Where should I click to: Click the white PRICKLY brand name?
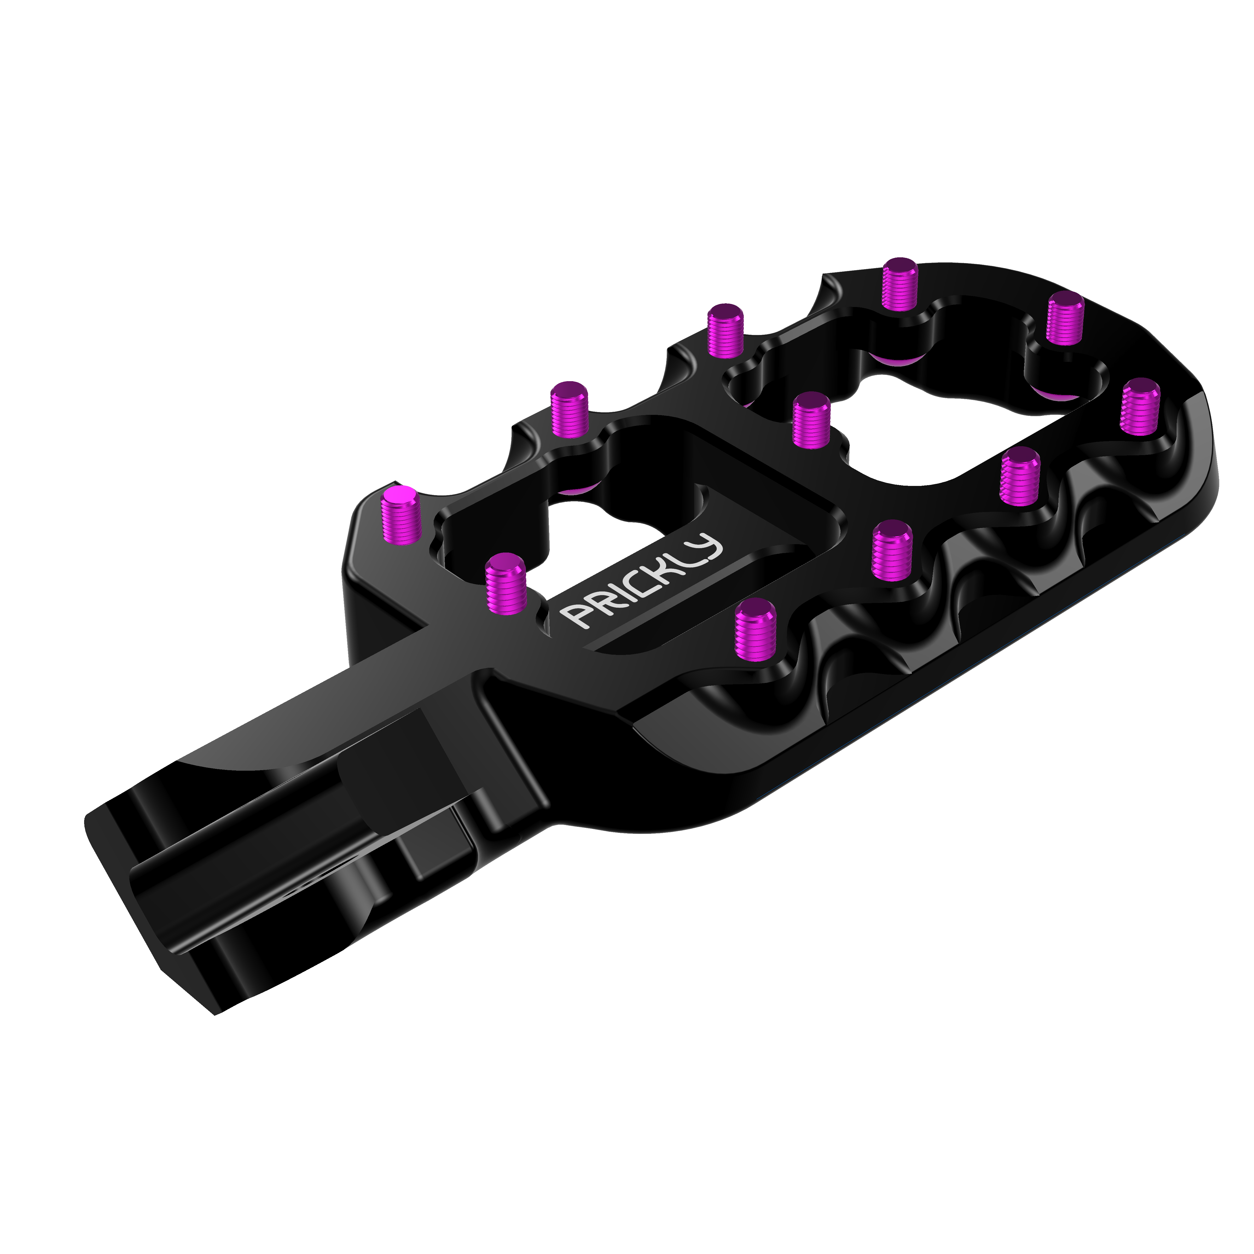[643, 581]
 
